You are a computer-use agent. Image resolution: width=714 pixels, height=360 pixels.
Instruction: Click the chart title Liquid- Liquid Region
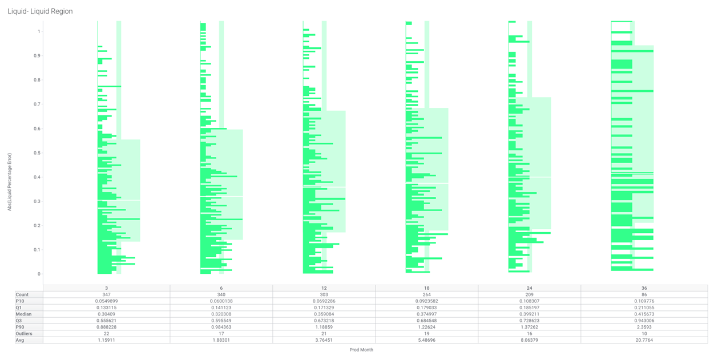tap(40, 11)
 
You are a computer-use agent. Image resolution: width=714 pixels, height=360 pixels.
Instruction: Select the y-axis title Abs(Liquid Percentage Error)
tap(10, 181)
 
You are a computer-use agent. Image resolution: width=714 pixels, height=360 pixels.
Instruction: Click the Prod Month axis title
tap(361, 350)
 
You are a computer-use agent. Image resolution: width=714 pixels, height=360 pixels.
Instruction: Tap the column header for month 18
tap(427, 288)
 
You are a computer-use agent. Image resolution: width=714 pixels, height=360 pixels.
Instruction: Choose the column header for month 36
tap(644, 288)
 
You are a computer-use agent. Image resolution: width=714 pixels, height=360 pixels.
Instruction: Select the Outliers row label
tap(25, 334)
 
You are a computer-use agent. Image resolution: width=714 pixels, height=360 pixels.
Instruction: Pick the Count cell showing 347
tap(107, 295)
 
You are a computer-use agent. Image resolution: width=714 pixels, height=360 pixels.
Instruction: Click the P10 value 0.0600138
tap(221, 301)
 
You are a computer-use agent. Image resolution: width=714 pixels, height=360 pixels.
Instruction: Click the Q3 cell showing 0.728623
tap(530, 321)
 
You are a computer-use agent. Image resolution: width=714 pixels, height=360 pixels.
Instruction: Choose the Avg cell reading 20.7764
tap(644, 340)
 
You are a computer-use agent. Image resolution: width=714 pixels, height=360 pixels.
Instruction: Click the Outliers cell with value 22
tap(107, 334)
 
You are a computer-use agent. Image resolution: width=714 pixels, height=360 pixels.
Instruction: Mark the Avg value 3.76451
tap(324, 340)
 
